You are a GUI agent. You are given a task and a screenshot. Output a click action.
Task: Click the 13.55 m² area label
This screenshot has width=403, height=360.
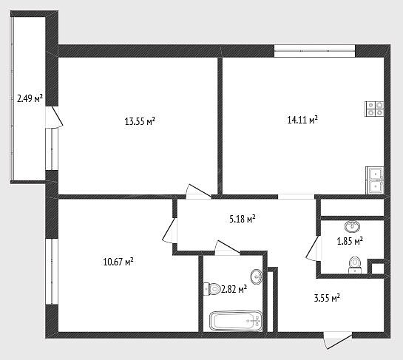click(140, 121)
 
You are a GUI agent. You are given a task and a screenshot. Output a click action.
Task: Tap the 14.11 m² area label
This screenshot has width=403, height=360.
click(302, 120)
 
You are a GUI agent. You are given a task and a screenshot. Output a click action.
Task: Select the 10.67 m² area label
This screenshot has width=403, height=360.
click(118, 262)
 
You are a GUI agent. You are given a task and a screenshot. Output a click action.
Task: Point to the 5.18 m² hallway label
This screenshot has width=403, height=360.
click(242, 219)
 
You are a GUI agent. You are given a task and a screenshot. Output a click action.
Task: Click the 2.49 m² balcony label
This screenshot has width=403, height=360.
click(30, 98)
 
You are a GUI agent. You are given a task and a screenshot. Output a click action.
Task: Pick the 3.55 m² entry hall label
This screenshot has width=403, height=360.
click(327, 299)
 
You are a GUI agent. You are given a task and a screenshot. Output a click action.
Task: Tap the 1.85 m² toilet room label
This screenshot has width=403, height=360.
click(350, 241)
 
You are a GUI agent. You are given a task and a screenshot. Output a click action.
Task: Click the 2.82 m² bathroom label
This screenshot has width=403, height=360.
click(234, 289)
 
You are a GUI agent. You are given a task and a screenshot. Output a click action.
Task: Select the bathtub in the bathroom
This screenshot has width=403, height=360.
click(236, 321)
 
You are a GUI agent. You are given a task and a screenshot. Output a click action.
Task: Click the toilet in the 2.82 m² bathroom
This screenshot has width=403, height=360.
click(211, 289)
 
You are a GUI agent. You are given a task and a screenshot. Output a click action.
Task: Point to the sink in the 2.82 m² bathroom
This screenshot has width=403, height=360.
click(257, 276)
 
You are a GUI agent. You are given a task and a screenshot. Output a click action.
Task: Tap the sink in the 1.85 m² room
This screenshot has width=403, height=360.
click(352, 226)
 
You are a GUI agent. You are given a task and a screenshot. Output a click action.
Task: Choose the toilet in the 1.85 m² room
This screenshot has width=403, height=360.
click(355, 265)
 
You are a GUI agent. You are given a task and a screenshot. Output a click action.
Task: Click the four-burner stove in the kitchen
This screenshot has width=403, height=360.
click(374, 109)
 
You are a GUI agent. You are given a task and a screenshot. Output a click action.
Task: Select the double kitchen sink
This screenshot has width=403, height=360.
click(375, 180)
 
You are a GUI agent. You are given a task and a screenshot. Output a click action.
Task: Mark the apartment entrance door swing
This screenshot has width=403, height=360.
click(338, 340)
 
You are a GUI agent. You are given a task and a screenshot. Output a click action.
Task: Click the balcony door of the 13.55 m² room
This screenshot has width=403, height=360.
click(54, 117)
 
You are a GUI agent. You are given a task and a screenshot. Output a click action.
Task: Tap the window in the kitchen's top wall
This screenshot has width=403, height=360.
click(314, 51)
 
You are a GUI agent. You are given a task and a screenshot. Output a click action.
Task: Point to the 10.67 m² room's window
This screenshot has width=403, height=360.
click(52, 271)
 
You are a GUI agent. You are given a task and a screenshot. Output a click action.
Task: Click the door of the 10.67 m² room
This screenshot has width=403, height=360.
click(169, 230)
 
